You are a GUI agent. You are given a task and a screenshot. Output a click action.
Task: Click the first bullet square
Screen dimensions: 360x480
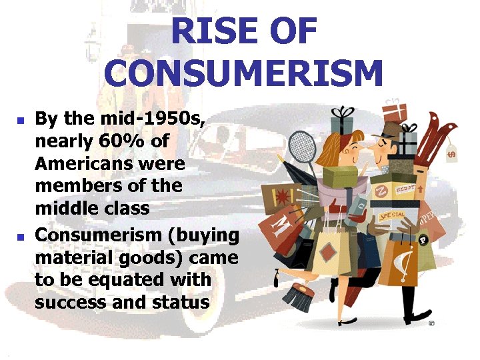21,121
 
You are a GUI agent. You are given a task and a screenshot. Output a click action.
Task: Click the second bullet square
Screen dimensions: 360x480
21,237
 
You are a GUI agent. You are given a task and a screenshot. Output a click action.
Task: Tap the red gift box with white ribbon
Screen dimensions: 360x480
395,110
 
